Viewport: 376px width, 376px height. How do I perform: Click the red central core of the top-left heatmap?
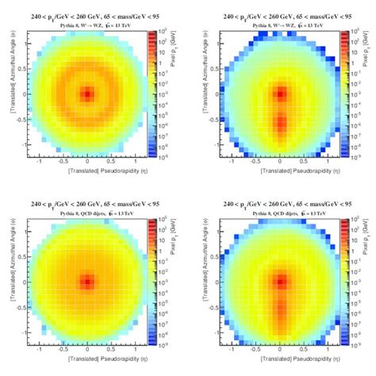tap(87, 94)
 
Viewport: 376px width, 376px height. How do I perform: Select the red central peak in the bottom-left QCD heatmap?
tap(87, 282)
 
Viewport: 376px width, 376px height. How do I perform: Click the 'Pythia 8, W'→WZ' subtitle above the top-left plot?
tap(88, 25)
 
